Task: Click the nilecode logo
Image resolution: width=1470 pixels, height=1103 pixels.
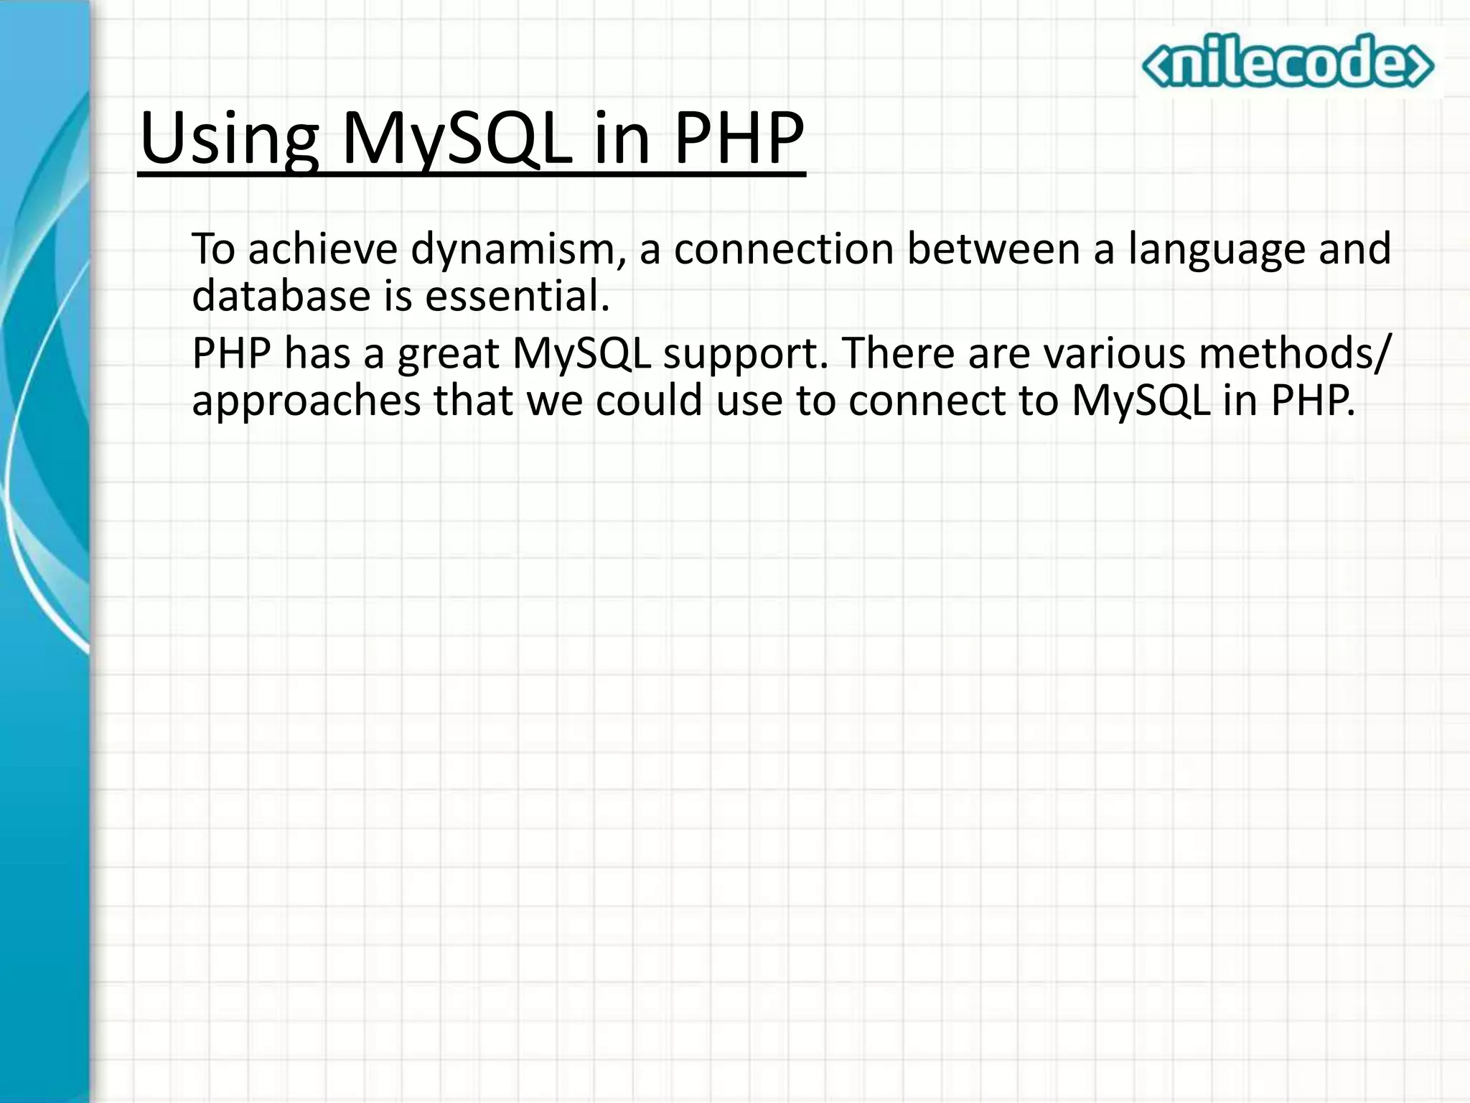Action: coord(1288,62)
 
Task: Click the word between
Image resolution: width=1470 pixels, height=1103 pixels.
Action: coord(993,249)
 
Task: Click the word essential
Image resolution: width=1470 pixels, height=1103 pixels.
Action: coord(517,295)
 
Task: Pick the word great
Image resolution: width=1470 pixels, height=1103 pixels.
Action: coord(449,354)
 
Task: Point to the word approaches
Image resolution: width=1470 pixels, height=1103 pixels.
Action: coord(306,401)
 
